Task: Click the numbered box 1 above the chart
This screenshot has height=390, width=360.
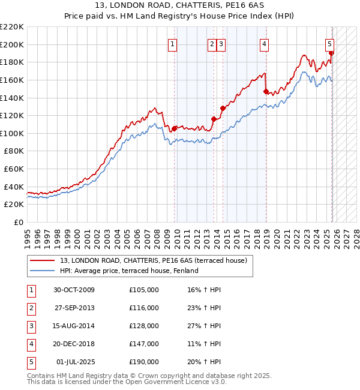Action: click(x=172, y=43)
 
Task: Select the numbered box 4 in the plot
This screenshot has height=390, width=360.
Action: click(x=264, y=43)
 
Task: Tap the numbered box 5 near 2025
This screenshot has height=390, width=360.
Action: click(x=330, y=43)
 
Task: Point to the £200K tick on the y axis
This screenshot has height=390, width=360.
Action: click(x=11, y=44)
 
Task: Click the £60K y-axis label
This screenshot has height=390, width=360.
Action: click(x=14, y=169)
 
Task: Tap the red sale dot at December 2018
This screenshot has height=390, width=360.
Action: click(x=266, y=92)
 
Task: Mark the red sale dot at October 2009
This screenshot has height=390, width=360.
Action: click(x=175, y=128)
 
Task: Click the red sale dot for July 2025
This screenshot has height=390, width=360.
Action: click(x=331, y=53)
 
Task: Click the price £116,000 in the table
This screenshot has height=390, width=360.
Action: click(x=144, y=308)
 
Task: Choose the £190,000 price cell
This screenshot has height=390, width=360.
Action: click(x=144, y=362)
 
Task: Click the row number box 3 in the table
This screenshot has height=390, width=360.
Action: click(x=30, y=326)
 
